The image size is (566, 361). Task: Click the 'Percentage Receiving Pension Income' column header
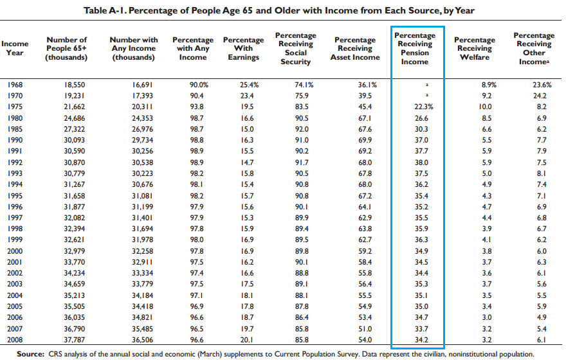pyautogui.click(x=415, y=48)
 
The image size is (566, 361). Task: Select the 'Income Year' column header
pyautogui.click(x=15, y=48)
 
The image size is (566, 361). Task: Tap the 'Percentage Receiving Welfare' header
pyautogui.click(x=474, y=48)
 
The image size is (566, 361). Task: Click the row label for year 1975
pyautogui.click(x=15, y=107)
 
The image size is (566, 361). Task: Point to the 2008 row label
pyautogui.click(x=15, y=340)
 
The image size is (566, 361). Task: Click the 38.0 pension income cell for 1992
pyautogui.click(x=421, y=163)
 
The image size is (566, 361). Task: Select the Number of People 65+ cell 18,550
pyautogui.click(x=75, y=85)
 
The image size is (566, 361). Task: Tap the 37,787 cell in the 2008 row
pyautogui.click(x=75, y=340)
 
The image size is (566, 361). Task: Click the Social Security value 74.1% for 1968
pyautogui.click(x=304, y=85)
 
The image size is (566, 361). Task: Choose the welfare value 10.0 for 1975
pyautogui.click(x=485, y=107)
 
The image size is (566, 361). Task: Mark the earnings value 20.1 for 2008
pyautogui.click(x=247, y=340)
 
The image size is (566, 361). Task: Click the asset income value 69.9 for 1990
pyautogui.click(x=365, y=140)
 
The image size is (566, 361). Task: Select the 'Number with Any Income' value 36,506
pyautogui.click(x=142, y=340)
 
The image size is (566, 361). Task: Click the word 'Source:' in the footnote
pyautogui.click(x=30, y=354)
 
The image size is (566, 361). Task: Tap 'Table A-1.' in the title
pyautogui.click(x=105, y=10)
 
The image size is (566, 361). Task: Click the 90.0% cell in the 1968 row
pyautogui.click(x=199, y=85)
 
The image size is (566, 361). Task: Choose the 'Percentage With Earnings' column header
pyautogui.click(x=243, y=48)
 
